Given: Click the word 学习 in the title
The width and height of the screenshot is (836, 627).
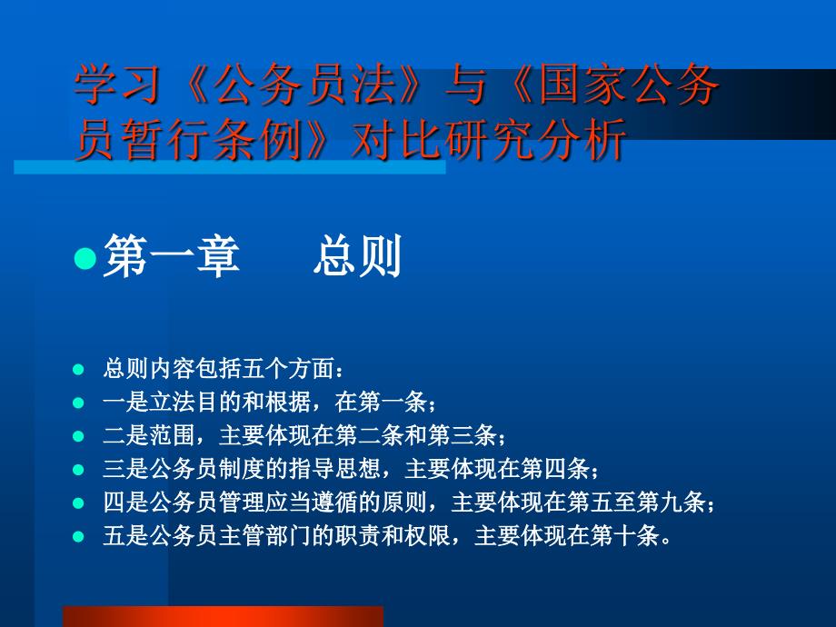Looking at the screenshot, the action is pyautogui.click(x=117, y=85).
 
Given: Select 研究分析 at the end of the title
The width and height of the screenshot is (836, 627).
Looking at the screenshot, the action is pyautogui.click(x=535, y=140).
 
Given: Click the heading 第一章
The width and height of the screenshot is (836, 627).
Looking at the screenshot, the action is pyautogui.click(x=172, y=256).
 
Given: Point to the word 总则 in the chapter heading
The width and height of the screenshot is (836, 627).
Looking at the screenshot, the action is pyautogui.click(x=357, y=256).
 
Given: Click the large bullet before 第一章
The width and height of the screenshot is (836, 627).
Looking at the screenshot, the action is pyautogui.click(x=85, y=259).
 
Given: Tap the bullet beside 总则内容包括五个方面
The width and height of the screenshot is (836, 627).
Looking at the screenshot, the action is pyautogui.click(x=78, y=369).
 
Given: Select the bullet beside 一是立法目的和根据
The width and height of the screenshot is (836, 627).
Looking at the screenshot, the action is pyautogui.click(x=78, y=403).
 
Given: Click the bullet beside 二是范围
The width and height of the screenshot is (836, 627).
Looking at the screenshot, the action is pyautogui.click(x=78, y=436).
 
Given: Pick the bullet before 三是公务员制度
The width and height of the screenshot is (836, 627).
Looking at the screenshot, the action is pyautogui.click(x=78, y=470).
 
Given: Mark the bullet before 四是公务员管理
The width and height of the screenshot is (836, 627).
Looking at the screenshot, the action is pyautogui.click(x=78, y=503).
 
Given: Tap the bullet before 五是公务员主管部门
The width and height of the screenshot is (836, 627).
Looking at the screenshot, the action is pyautogui.click(x=78, y=536).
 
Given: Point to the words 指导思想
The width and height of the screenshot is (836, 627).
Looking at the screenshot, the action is pyautogui.click(x=334, y=469).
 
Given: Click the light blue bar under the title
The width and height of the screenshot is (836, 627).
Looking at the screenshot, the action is pyautogui.click(x=230, y=167).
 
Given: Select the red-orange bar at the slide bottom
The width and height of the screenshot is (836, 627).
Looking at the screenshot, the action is pyautogui.click(x=223, y=616).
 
